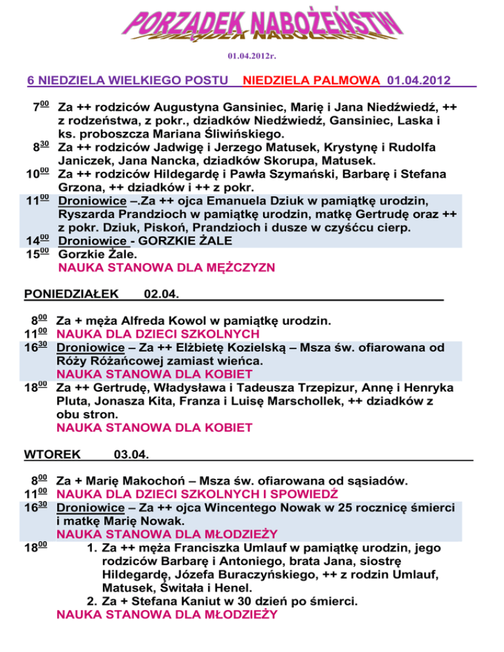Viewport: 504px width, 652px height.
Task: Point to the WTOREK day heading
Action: point(52,453)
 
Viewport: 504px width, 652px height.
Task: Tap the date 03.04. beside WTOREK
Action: point(131,453)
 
